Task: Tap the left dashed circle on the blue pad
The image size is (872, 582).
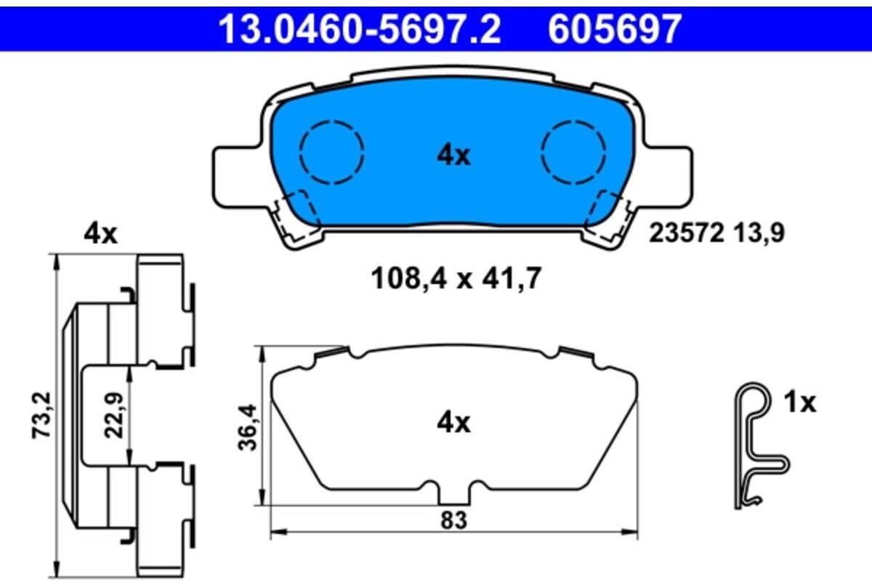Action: click(x=332, y=151)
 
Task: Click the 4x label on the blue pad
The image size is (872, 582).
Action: click(x=453, y=155)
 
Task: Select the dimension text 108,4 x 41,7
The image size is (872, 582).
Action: click(x=456, y=278)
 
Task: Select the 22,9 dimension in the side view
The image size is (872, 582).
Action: click(x=115, y=417)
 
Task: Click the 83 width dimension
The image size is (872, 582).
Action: click(x=453, y=520)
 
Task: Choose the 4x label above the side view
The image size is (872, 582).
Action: click(x=100, y=234)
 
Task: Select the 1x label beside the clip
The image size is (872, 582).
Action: click(x=799, y=403)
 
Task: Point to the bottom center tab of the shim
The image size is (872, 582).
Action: click(x=455, y=496)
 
